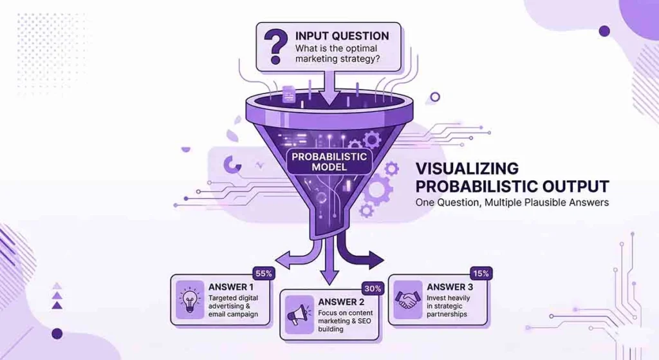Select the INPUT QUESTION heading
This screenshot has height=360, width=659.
pos(342,35)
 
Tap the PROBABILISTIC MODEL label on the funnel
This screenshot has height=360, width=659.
pos(329,162)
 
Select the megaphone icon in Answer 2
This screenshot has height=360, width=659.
pos(298,315)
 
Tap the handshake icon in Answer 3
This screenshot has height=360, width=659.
pos(407,300)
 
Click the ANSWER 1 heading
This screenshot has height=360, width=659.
pos(232,286)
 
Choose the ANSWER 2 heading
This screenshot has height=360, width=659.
pos(341,301)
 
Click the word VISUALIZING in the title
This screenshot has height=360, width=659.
pos(467,169)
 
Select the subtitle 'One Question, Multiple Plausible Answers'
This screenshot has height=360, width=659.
pos(512,203)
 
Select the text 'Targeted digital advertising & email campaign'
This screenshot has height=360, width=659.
pos(233,307)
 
